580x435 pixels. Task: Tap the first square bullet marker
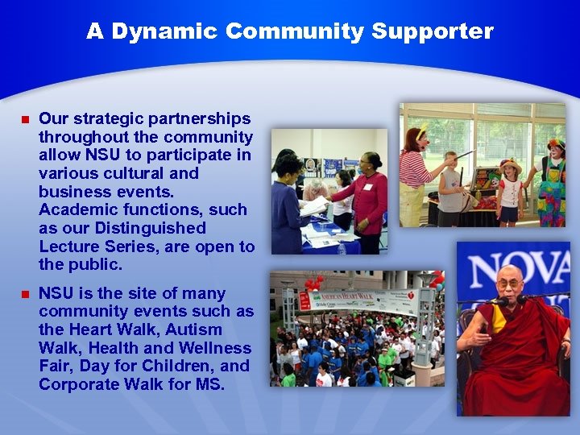click(24, 120)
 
